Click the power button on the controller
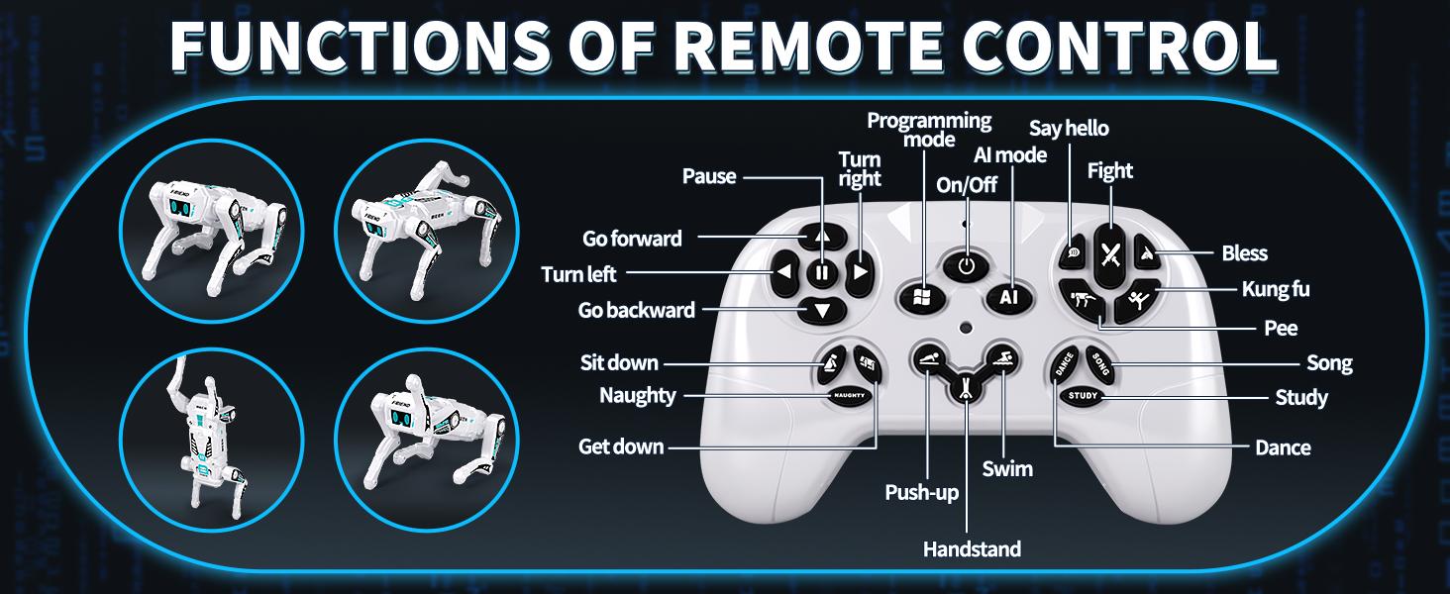(x=965, y=265)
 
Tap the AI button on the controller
(x=1008, y=297)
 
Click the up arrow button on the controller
(x=822, y=237)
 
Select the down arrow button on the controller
(x=822, y=311)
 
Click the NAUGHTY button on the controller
(x=849, y=395)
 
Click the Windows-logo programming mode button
(x=920, y=298)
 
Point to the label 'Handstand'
(x=972, y=549)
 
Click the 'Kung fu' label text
(x=1276, y=289)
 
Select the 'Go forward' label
(x=632, y=239)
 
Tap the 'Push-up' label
(x=921, y=492)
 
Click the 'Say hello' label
(x=1069, y=128)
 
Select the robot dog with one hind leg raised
(x=428, y=229)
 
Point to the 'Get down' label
(x=621, y=446)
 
